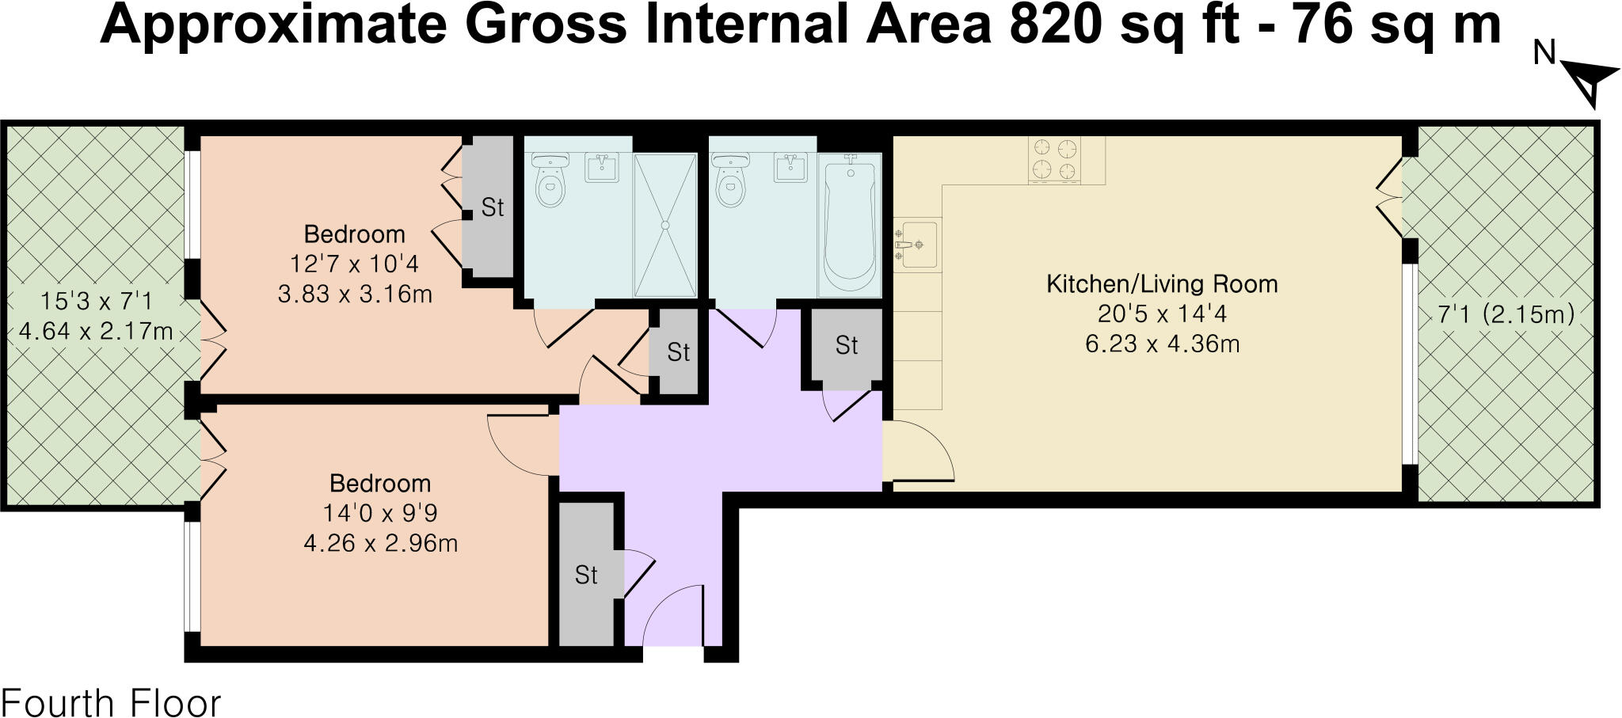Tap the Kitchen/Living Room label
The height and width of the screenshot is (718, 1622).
(1162, 284)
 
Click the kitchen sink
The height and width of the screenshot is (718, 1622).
(916, 245)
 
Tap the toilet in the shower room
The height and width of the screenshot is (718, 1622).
(549, 181)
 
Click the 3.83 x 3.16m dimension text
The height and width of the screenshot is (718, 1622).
(355, 294)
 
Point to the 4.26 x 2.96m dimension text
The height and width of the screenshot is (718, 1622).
(380, 544)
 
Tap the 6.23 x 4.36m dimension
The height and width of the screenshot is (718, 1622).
(1162, 344)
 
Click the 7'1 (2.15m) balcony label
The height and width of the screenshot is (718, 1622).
(1506, 314)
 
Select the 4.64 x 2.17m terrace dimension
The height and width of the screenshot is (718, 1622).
(96, 331)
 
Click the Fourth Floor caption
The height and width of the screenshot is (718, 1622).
(112, 703)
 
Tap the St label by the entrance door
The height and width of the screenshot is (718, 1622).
(586, 576)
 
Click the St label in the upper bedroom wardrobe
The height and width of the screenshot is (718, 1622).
(493, 207)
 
